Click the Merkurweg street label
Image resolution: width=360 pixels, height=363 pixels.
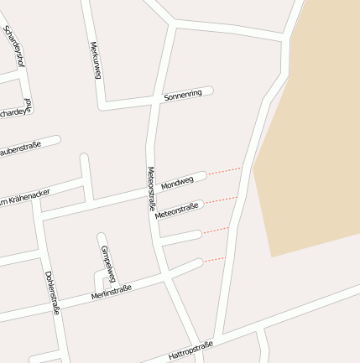[x=95, y=60]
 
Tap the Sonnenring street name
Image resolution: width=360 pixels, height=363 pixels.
[x=183, y=96]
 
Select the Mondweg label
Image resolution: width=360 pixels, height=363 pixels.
[x=177, y=182]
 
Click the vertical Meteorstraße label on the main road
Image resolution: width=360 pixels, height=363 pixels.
[x=152, y=188]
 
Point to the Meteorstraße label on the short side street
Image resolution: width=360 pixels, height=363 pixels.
[x=176, y=210]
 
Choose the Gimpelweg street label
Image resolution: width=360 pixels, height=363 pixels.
[x=108, y=263]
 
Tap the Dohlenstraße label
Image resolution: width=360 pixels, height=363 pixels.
[x=52, y=292]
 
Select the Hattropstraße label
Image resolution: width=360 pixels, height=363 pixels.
[x=190, y=350]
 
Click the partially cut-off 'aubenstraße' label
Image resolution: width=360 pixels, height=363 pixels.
[x=20, y=149]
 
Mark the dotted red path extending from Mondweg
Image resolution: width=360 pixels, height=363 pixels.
[x=223, y=171]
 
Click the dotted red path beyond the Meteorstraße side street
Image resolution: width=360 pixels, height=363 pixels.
[x=221, y=200]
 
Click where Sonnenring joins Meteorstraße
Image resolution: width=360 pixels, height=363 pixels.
[x=156, y=100]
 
